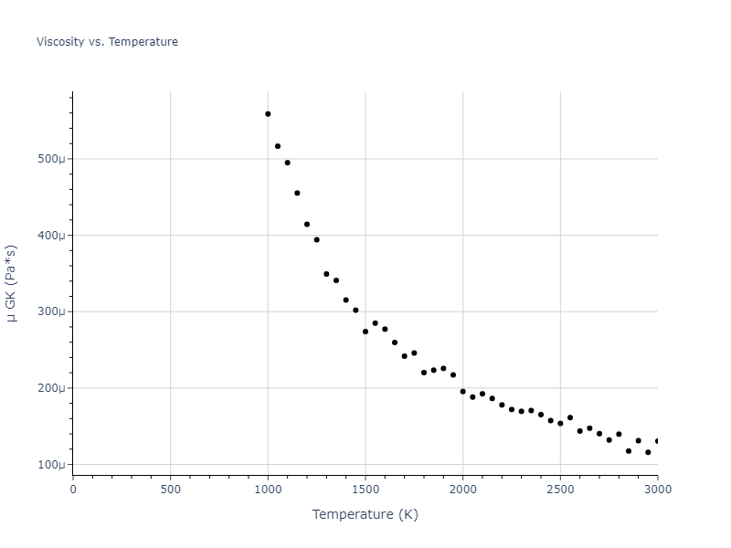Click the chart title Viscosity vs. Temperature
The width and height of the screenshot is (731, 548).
[x=107, y=42]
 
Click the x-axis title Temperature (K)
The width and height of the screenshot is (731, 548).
[x=365, y=514]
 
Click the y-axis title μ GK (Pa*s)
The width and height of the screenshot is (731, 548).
[x=12, y=283]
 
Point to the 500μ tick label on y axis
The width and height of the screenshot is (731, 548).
[x=51, y=159]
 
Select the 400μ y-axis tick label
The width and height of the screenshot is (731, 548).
[x=51, y=236]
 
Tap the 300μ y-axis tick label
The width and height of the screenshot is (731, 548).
[x=51, y=311]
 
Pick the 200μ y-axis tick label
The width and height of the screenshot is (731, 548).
[x=51, y=388]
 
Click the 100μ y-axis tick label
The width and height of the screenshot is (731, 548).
[x=51, y=465]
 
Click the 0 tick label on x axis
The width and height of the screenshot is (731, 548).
[x=73, y=489]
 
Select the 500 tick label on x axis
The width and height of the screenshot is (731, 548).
[x=170, y=489]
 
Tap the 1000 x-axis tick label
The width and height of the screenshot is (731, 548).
[x=268, y=489]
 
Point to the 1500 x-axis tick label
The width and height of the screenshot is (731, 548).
[x=365, y=489]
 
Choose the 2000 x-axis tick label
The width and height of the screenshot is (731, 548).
[x=462, y=489]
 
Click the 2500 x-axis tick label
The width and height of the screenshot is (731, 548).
[x=560, y=489]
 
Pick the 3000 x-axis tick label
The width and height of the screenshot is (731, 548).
[x=657, y=489]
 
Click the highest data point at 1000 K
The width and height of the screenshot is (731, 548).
[x=268, y=114]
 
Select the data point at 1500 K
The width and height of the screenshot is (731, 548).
[x=365, y=332]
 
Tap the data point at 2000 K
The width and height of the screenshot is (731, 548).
[x=462, y=392]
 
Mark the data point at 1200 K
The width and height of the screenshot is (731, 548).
[x=307, y=225]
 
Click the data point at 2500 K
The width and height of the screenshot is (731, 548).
[x=560, y=424]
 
